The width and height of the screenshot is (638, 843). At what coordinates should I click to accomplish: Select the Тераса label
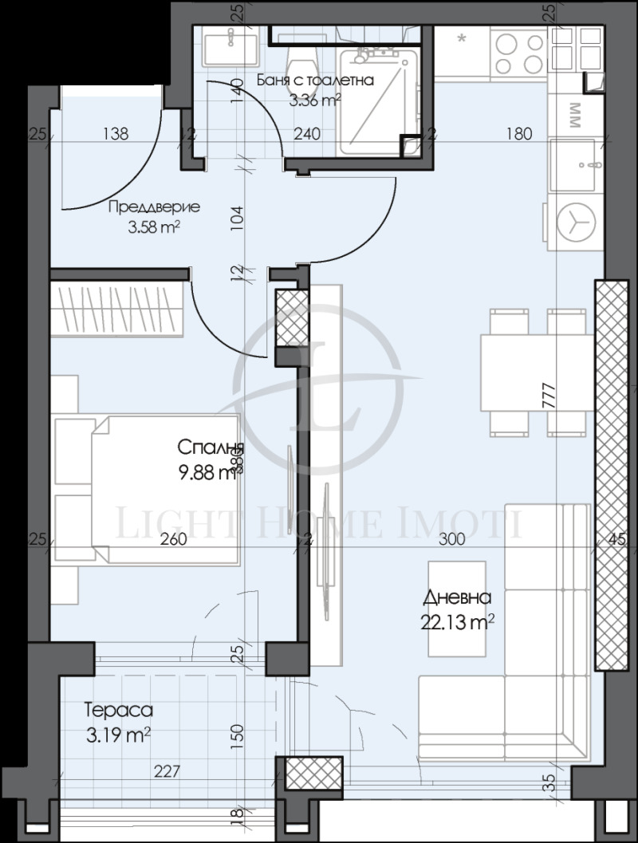click(118, 709)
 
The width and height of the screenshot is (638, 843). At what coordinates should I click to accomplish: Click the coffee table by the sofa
click(458, 609)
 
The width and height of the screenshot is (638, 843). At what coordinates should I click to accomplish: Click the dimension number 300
click(451, 540)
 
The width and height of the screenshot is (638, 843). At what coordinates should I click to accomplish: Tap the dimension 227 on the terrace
click(168, 771)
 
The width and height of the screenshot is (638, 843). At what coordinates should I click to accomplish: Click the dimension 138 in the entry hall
click(116, 134)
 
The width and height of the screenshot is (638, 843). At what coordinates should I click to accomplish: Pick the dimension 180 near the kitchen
click(518, 134)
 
